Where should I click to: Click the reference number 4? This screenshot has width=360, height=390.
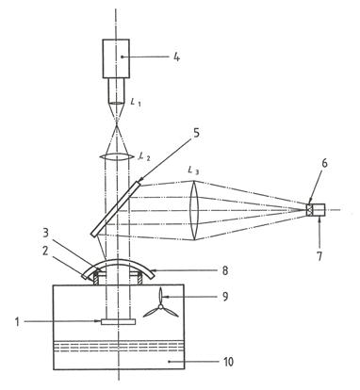(x=177, y=57)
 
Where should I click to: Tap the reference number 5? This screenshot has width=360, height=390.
(x=196, y=133)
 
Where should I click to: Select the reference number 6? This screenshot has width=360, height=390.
(x=324, y=163)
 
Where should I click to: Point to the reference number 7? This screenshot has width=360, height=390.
(x=319, y=256)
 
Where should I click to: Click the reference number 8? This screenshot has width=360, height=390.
(x=225, y=270)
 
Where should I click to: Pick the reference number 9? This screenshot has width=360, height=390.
(x=225, y=297)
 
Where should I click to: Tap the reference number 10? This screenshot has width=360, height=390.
(x=228, y=362)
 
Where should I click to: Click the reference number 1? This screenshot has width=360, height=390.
(x=18, y=322)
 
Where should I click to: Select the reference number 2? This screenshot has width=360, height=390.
(x=45, y=252)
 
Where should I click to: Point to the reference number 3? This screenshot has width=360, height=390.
(x=46, y=234)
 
